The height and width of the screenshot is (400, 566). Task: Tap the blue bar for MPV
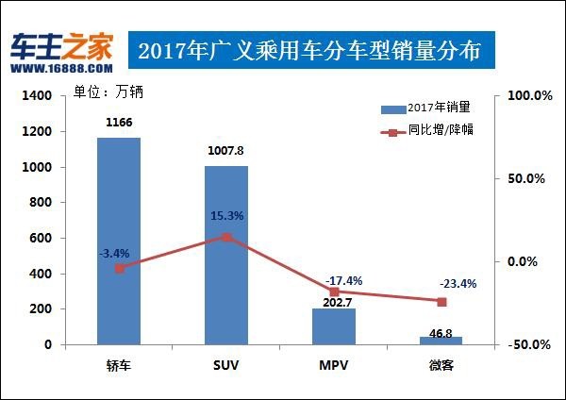pyautogui.click(x=333, y=325)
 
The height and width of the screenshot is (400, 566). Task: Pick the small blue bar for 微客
pyautogui.click(x=441, y=341)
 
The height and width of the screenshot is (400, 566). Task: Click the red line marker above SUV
pyautogui.click(x=226, y=238)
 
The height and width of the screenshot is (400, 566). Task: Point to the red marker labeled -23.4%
pyautogui.click(x=441, y=302)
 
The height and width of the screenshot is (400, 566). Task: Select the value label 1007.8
pyautogui.click(x=226, y=151)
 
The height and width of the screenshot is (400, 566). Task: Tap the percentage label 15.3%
pyautogui.click(x=226, y=216)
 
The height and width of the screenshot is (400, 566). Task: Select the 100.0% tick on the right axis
pyautogui.click(x=528, y=96)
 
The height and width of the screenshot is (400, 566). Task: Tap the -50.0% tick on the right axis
pyautogui.click(x=528, y=345)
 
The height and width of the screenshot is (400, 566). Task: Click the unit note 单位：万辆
pyautogui.click(x=107, y=92)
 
